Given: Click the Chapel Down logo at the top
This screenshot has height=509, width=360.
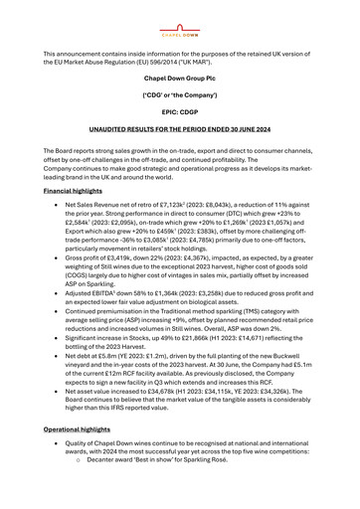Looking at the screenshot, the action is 180,20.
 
